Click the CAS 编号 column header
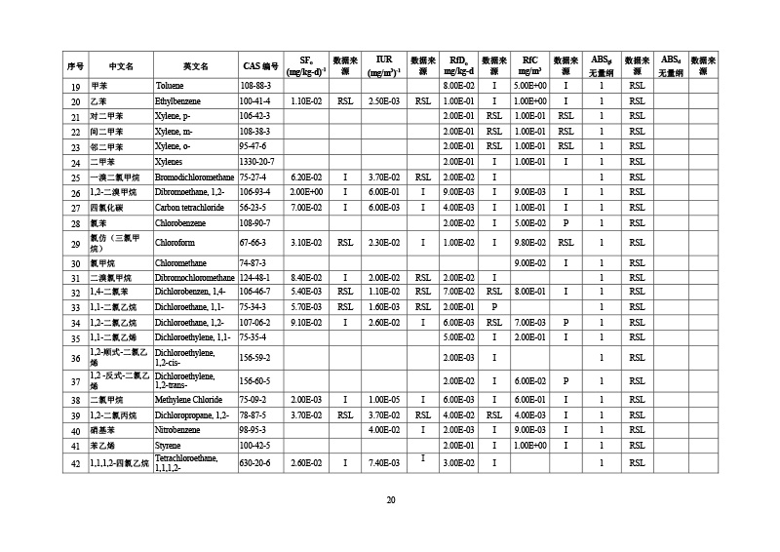pyautogui.click(x=261, y=66)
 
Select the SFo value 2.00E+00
pyautogui.click(x=306, y=192)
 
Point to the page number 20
pyautogui.click(x=390, y=500)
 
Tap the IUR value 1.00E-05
pyautogui.click(x=383, y=400)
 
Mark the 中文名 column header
pyautogui.click(x=121, y=66)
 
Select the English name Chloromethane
pyautogui.click(x=180, y=263)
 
